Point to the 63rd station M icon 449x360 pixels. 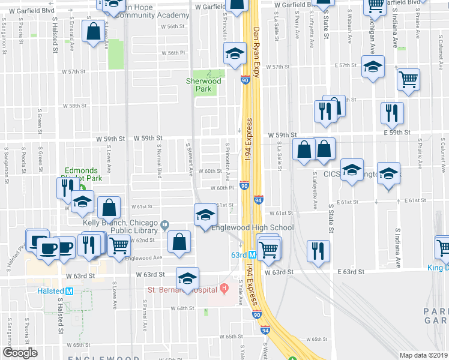pos(253,254)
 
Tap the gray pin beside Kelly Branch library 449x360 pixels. pos(164,226)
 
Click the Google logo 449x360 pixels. pos(20,353)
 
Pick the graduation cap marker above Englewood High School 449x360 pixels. pos(205,215)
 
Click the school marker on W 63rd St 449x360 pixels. pos(187,278)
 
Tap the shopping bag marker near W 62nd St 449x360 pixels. pos(179,242)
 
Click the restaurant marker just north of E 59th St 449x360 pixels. pos(392,112)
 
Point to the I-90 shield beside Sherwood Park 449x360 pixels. pos(245,79)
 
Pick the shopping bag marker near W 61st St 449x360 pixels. pos(109,208)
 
